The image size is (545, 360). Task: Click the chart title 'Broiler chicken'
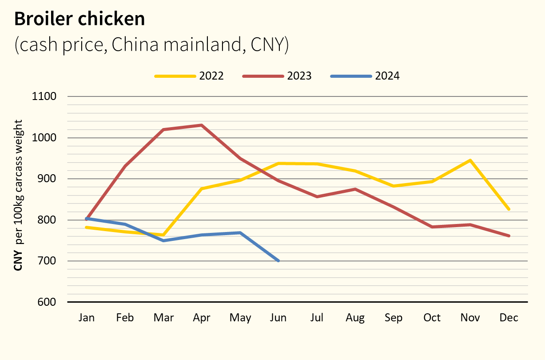pyautogui.click(x=80, y=19)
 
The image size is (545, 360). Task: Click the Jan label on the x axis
pyautogui.click(x=87, y=318)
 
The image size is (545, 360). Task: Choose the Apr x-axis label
pyautogui.click(x=202, y=318)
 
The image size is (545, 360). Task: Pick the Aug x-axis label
pyautogui.click(x=355, y=318)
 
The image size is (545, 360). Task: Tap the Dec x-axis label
pyautogui.click(x=509, y=318)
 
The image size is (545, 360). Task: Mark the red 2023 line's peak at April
pyautogui.click(x=202, y=125)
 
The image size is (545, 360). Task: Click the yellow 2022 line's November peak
pyautogui.click(x=470, y=160)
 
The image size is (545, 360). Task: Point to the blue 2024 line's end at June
pyautogui.click(x=278, y=261)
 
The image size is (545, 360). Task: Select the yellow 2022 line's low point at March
pyautogui.click(x=163, y=235)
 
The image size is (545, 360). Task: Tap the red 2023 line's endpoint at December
pyautogui.click(x=509, y=236)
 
